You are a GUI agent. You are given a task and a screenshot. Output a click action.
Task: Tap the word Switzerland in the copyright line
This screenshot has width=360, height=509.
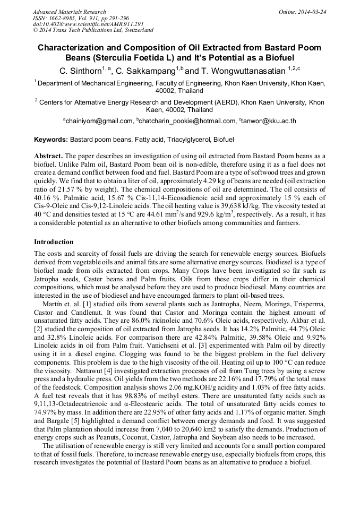click(x=135, y=30)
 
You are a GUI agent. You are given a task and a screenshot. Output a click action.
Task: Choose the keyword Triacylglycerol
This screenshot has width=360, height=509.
click(x=186, y=140)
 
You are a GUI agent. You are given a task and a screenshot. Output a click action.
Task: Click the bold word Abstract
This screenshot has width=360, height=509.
click(x=48, y=156)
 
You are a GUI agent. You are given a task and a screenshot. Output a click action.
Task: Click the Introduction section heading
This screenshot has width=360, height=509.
click(x=54, y=241)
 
